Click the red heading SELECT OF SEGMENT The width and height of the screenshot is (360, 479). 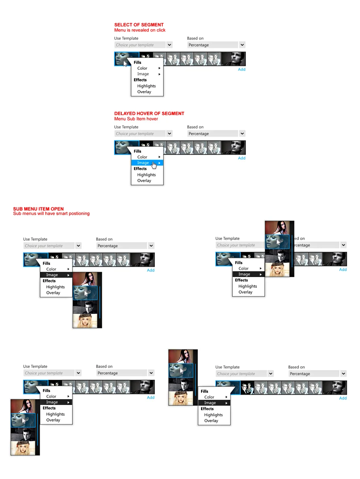tap(139, 25)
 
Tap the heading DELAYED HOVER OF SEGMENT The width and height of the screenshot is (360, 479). tap(149, 113)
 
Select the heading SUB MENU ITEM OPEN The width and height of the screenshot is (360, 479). tap(38, 209)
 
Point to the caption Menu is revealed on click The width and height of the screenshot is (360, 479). tap(140, 30)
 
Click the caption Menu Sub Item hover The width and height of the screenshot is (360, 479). tap(136, 119)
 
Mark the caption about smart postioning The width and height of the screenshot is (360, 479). tap(51, 213)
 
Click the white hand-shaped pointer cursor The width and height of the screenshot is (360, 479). tap(154, 164)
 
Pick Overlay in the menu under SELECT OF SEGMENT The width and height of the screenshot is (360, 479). tap(144, 92)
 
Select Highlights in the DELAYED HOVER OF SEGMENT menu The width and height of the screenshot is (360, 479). tap(146, 175)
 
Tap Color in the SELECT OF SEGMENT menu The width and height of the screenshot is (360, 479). tap(142, 68)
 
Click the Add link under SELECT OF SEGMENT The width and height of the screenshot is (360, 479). tap(241, 69)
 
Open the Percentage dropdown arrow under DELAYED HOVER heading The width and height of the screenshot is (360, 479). tap(242, 134)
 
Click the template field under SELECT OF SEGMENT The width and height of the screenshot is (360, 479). tap(140, 45)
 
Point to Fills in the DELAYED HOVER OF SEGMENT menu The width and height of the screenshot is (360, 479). tap(138, 151)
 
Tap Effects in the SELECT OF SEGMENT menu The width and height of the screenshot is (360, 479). tap(140, 80)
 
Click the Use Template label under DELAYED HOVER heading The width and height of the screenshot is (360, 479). tap(126, 127)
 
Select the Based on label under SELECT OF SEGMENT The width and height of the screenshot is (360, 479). tap(195, 38)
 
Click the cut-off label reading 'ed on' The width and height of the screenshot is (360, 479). tap(300, 238)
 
